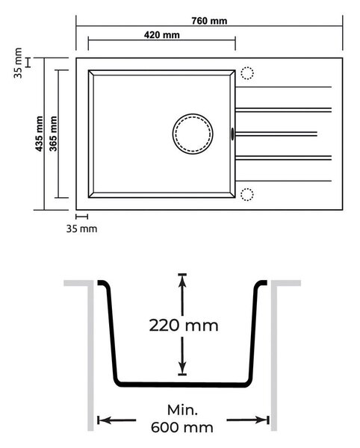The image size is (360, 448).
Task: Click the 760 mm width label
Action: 209,21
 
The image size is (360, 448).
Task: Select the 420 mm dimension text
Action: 162,35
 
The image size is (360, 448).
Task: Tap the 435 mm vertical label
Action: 39,134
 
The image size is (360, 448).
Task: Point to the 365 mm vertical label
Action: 53,134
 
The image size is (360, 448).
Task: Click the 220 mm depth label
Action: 184,326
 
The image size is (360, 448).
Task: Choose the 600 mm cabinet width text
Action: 182,428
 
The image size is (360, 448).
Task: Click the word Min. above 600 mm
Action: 182,410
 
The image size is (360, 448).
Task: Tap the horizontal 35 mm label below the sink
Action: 81,229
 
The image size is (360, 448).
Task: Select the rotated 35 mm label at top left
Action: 18,63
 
